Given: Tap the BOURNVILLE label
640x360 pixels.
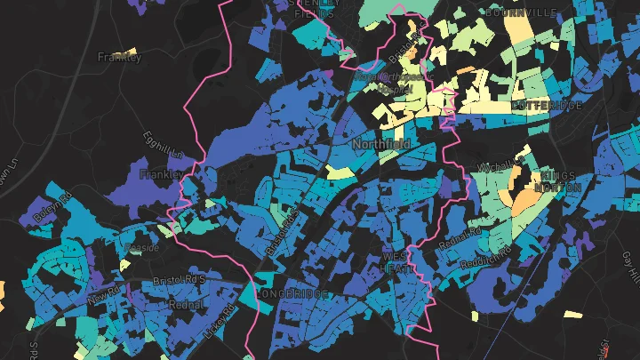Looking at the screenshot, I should tap(521, 12).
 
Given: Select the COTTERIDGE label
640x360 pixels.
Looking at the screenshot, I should tap(546, 106).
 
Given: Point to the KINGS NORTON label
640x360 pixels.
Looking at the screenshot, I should tap(557, 181).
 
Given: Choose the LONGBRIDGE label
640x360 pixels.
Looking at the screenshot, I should tap(292, 293).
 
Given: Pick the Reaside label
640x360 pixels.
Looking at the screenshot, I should tap(141, 247).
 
